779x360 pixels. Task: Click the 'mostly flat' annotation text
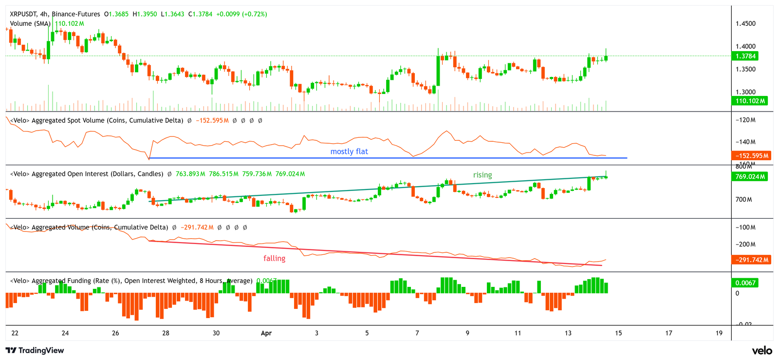[349, 152]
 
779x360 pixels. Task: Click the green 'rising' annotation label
[482, 175]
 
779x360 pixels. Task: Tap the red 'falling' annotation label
[274, 259]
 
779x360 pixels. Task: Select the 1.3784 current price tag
[746, 57]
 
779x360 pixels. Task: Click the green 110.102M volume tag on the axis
[750, 101]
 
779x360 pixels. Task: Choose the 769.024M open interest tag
[750, 176]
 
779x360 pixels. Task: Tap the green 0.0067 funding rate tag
[745, 283]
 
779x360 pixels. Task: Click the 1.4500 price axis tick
[745, 23]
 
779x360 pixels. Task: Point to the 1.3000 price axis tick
[745, 92]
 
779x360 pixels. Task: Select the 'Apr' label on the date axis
[266, 333]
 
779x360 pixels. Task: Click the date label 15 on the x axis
[618, 333]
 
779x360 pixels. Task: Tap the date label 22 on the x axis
[15, 333]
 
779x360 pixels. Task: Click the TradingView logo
[35, 350]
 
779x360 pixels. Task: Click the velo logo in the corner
[761, 350]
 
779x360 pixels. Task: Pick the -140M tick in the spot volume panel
[745, 142]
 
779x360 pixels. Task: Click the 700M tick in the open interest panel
[743, 199]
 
